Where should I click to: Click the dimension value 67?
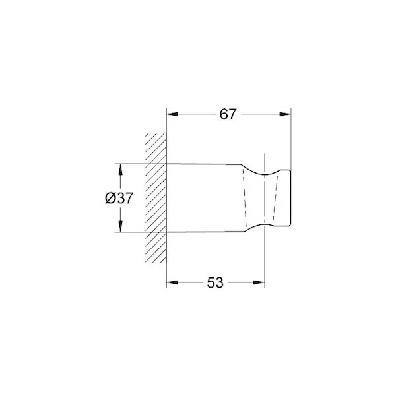coord(228,114)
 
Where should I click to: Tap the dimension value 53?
coord(215,282)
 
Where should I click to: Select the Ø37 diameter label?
coord(119,198)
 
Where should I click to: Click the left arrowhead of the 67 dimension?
coord(172,114)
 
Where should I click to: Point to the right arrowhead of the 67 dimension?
coord(285,114)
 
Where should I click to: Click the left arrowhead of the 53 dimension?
coord(172,282)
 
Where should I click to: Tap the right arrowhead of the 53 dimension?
coord(259,282)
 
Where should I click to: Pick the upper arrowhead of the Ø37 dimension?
coord(120,170)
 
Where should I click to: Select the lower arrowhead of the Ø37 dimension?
coord(120,226)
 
